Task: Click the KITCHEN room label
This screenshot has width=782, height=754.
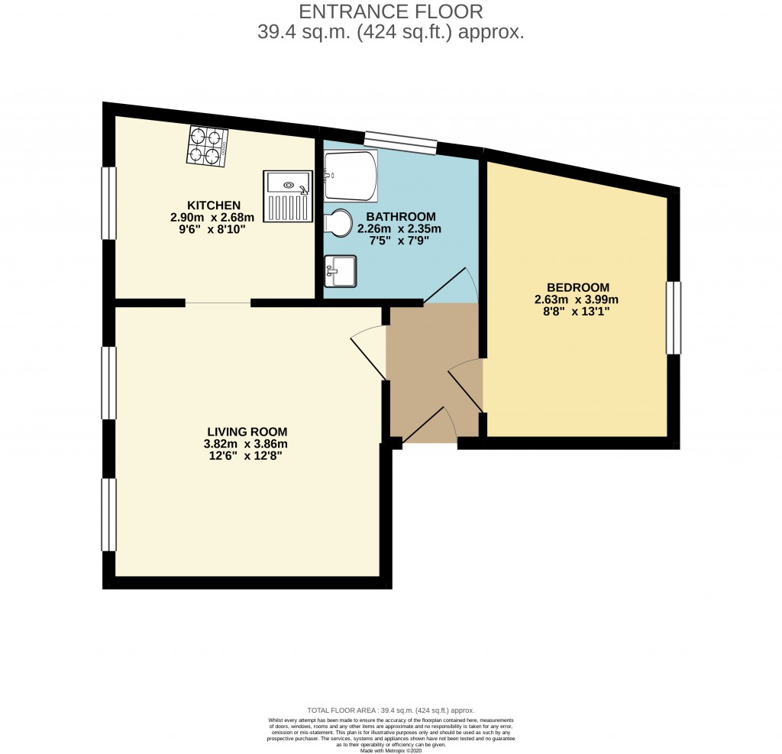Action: pyautogui.click(x=215, y=205)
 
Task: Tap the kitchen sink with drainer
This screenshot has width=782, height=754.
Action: pyautogui.click(x=288, y=196)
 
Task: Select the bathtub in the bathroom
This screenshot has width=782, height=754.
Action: pyautogui.click(x=351, y=175)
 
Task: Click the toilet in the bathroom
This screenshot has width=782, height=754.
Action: pyautogui.click(x=338, y=222)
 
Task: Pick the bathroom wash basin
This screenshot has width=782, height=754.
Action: pyautogui.click(x=340, y=270)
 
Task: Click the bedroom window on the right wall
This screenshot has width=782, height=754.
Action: pyautogui.click(x=673, y=318)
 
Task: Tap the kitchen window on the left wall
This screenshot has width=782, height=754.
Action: pyautogui.click(x=109, y=202)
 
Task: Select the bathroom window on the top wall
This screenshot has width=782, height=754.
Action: pyautogui.click(x=400, y=141)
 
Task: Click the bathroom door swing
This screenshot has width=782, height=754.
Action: pyautogui.click(x=452, y=286)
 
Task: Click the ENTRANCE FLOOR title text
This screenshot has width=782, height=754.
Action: pyautogui.click(x=390, y=11)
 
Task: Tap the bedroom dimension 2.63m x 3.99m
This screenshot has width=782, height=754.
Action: pyautogui.click(x=577, y=299)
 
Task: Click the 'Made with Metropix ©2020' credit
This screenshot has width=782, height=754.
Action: pyautogui.click(x=390, y=749)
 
